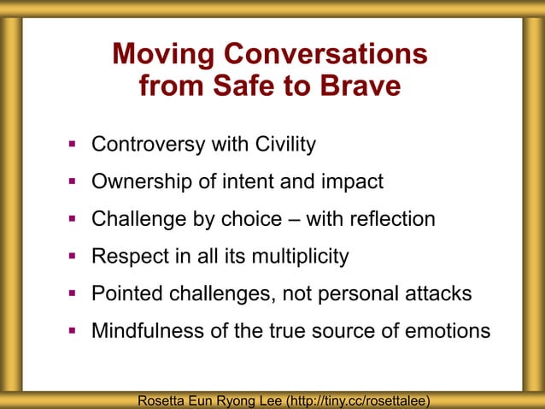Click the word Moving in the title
(164, 55)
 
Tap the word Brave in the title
(358, 86)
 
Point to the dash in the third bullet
(292, 219)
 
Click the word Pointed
(125, 293)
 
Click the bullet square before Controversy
(73, 144)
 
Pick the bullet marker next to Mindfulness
(73, 330)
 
